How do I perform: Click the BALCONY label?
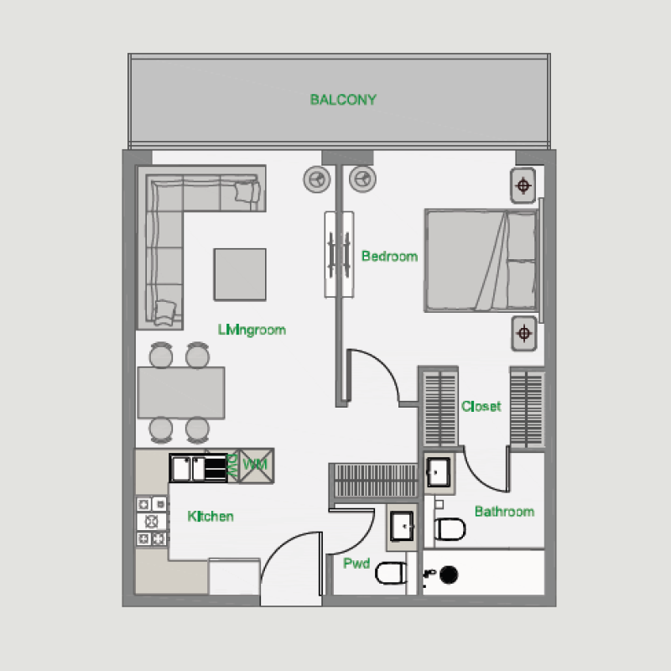point(343,100)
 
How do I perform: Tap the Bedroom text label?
point(389,256)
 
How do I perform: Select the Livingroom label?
point(252,330)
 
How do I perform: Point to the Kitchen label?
point(211,516)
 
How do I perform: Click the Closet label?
point(481,407)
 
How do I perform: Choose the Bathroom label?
point(504,512)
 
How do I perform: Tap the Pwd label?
point(356,564)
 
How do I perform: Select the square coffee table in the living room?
point(239,274)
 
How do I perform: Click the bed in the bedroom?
point(481,260)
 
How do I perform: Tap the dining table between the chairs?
point(182,393)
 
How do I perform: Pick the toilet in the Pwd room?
point(390,574)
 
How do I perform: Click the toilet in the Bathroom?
point(450,529)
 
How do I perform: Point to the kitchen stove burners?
point(151,521)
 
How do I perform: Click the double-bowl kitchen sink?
point(198,467)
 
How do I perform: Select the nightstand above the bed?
point(523,185)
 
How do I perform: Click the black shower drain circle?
point(450,574)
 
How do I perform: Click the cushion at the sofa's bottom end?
point(165,310)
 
